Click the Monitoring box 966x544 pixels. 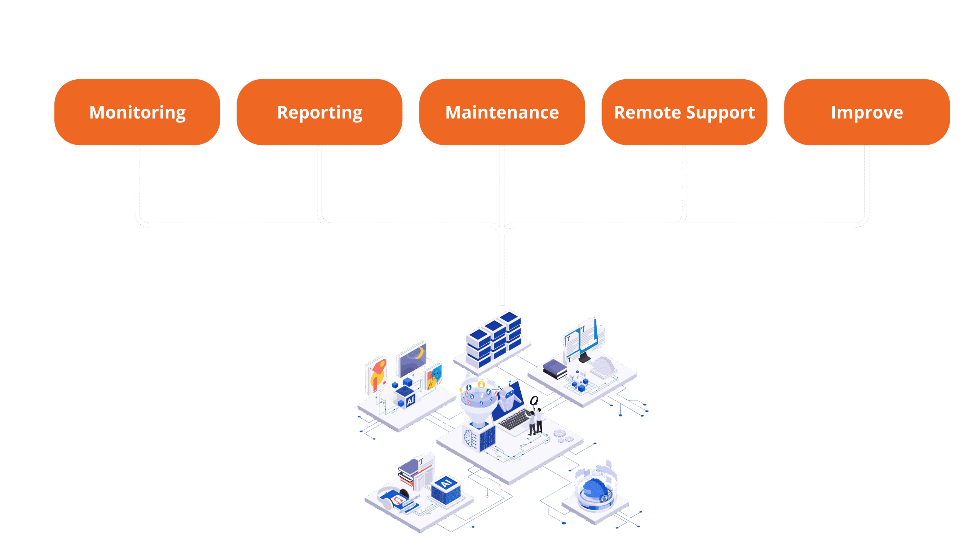(x=137, y=112)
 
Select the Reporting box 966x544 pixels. (x=319, y=112)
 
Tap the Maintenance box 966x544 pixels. (x=502, y=112)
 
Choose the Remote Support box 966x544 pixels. (x=684, y=112)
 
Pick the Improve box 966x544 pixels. (x=867, y=112)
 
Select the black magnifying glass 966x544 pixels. (x=534, y=400)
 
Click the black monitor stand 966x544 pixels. (x=585, y=357)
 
